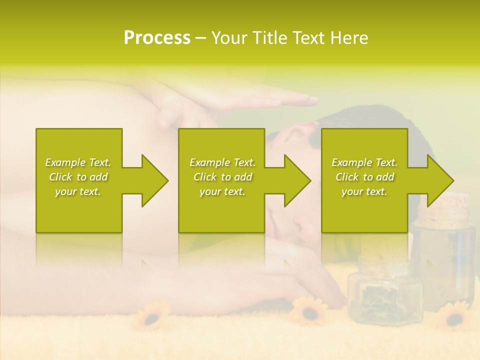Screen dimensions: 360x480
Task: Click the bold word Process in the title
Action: pos(157,38)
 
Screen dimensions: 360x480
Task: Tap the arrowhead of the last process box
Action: pos(439,180)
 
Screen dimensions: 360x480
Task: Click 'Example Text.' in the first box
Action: pos(78,162)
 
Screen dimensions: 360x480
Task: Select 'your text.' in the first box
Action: pos(78,191)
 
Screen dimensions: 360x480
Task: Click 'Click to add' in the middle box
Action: pos(222,177)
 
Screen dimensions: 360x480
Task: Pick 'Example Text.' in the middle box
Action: pos(222,162)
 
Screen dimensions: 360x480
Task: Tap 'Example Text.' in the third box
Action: pos(364,162)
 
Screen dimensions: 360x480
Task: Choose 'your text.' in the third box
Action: pos(364,191)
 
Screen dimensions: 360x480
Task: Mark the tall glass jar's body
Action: pos(446,260)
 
